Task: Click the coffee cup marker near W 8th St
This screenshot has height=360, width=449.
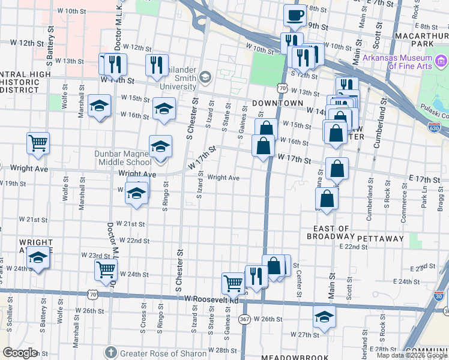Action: [294, 16]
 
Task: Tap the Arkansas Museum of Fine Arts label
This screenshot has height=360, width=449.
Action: [397, 61]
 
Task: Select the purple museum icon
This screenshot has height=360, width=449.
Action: [441, 61]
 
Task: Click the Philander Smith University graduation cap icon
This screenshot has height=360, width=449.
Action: [205, 77]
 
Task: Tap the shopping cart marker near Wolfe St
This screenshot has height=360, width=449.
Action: [38, 143]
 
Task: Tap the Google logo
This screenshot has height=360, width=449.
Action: [20, 353]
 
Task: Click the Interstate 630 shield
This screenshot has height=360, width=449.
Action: [435, 127]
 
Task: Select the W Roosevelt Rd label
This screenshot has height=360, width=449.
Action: [211, 299]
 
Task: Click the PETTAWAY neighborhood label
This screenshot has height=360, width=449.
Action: [381, 238]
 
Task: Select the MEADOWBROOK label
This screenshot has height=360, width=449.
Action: [286, 356]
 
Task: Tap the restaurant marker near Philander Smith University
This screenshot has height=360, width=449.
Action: [157, 65]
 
